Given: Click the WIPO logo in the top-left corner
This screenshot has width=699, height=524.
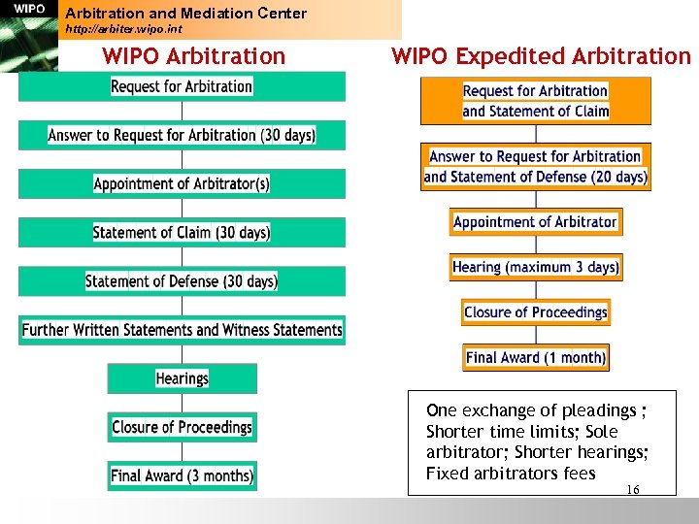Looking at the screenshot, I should [29, 10].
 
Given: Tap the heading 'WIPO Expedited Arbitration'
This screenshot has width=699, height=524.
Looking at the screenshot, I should [541, 56].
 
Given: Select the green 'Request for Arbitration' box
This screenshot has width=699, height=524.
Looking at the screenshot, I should [182, 86].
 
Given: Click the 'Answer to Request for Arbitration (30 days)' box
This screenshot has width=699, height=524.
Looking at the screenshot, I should [182, 135].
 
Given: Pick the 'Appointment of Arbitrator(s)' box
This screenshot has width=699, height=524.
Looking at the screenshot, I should [182, 183].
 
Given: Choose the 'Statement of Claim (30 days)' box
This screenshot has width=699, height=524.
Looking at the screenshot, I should [182, 232].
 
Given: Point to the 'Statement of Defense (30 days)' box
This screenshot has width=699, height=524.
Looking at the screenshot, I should [182, 280].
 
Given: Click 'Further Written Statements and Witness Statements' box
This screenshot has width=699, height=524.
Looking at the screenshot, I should [182, 330].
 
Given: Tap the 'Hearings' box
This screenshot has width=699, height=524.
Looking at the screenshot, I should [182, 378].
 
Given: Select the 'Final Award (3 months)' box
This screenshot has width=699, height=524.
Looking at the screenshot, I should [182, 475].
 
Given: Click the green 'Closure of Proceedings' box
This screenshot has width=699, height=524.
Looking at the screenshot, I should [182, 427].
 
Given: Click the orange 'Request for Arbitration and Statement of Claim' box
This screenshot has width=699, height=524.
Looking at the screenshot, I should [535, 101].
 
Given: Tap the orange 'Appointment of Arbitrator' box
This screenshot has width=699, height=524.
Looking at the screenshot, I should [535, 222].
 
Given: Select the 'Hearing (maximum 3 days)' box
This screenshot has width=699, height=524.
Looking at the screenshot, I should [535, 267].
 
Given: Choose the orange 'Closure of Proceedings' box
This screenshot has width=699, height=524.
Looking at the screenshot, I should [535, 312].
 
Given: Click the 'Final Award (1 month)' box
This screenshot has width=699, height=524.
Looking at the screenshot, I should [535, 357].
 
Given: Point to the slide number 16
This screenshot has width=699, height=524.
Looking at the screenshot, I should [633, 490].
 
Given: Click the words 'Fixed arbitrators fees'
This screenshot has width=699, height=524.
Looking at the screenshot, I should [511, 474].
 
